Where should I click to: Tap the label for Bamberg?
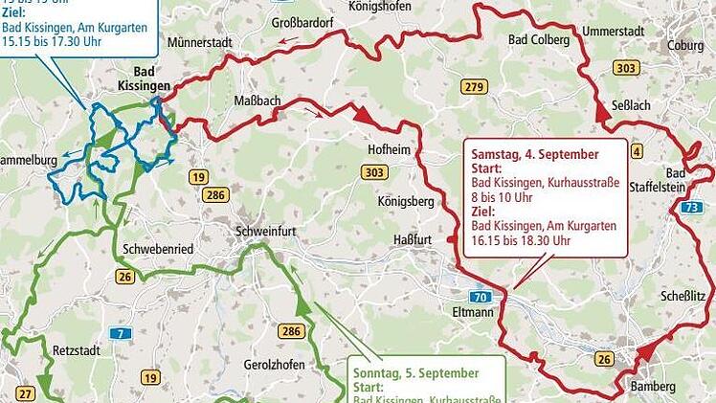(654, 386)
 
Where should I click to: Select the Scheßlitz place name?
(683, 297)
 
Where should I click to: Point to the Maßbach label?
(257, 101)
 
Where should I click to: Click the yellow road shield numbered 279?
(474, 87)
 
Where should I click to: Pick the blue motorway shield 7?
(119, 332)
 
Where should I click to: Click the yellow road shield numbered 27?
(25, 392)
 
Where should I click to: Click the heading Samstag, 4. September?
(535, 153)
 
